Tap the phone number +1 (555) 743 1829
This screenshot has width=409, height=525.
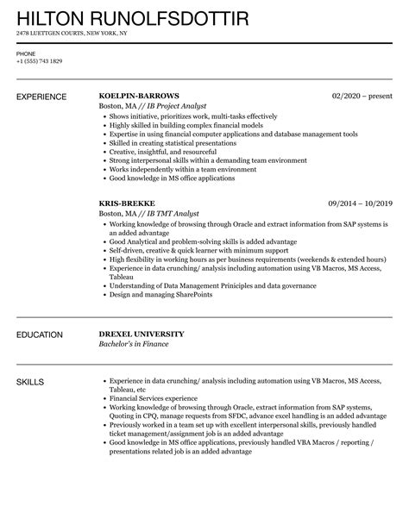tap(39, 62)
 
